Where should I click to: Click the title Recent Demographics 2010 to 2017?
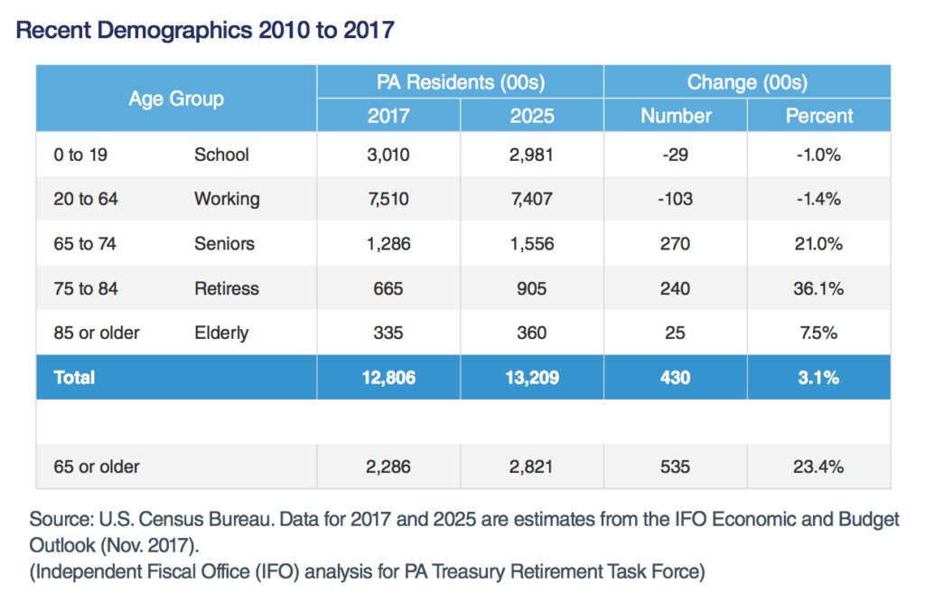[205, 30]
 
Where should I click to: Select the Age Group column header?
[176, 99]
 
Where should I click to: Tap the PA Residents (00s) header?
[461, 82]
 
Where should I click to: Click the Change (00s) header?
[747, 82]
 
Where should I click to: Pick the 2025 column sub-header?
[532, 116]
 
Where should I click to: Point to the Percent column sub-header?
[819, 116]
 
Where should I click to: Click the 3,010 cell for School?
[388, 155]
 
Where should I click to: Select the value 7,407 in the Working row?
[531, 199]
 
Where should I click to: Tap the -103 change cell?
[676, 199]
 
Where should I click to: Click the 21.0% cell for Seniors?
[818, 244]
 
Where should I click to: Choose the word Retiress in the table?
[227, 288]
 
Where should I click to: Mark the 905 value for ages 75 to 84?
[531, 288]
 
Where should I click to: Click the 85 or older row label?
[96, 333]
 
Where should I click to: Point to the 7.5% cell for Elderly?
[818, 333]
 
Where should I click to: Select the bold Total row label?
[74, 377]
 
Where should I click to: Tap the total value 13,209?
[532, 378]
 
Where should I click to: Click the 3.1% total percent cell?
[818, 378]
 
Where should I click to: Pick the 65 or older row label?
[96, 467]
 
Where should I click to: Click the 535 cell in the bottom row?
[676, 467]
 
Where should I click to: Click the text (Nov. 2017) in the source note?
[149, 545]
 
